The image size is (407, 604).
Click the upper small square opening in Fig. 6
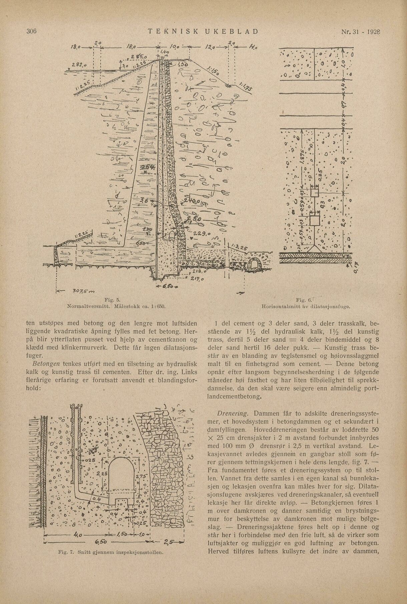pos(314,193)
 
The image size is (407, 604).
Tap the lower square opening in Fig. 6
pos(314,220)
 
